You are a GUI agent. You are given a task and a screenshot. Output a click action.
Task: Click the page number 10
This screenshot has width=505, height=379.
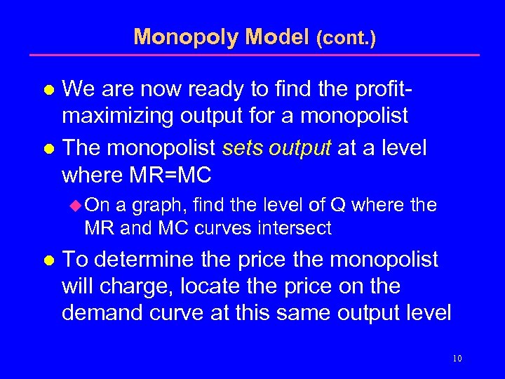(x=457, y=359)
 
